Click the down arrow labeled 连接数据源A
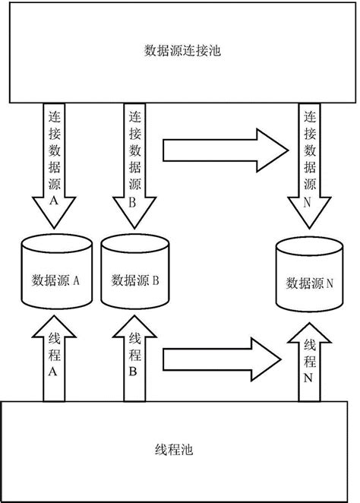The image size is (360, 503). (53, 167)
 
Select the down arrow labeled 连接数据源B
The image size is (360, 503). (134, 167)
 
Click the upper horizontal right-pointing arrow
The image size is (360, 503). (220, 150)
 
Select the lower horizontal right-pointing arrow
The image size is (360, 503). (220, 354)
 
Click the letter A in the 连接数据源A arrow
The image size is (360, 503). (53, 202)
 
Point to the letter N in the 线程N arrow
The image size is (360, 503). (308, 377)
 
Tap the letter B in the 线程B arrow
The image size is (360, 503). (134, 372)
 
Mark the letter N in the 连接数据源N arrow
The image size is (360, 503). (308, 202)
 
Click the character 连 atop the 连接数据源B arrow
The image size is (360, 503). (134, 119)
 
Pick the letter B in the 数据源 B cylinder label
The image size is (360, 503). (155, 280)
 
